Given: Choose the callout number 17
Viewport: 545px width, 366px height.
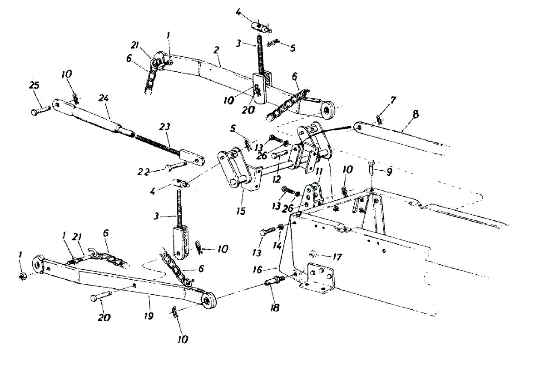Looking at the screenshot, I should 337,257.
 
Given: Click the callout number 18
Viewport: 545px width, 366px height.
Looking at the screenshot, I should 274,307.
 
